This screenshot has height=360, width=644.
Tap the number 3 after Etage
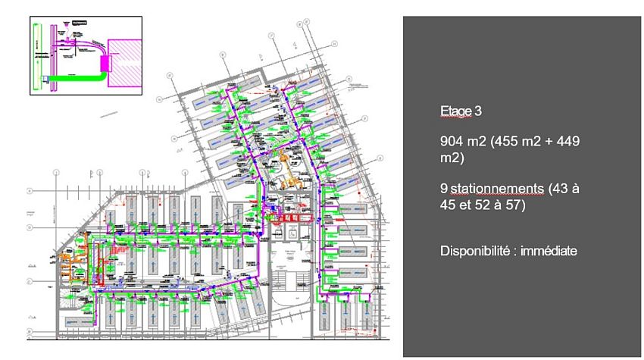coord(477,111)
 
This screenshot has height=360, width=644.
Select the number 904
coord(452,142)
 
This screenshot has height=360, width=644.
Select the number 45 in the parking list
coord(449,204)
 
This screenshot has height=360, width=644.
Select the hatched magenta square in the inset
coord(125,64)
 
